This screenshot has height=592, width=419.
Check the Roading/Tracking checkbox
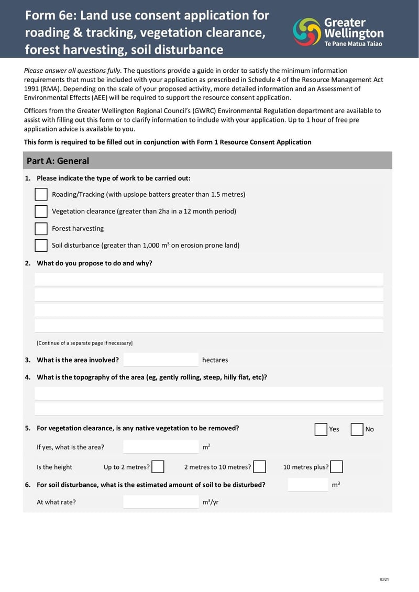[41, 194]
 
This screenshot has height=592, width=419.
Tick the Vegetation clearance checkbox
[41, 211]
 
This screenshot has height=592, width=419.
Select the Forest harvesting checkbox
[41, 229]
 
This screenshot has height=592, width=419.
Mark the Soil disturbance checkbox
[41, 245]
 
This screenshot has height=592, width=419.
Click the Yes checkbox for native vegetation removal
[321, 429]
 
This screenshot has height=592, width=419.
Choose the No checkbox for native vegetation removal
[357, 429]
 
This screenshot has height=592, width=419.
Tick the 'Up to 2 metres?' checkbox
[158, 467]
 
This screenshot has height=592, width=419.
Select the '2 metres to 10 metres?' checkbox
[259, 467]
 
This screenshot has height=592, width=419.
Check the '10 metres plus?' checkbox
[337, 467]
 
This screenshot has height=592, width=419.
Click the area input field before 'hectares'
[161, 360]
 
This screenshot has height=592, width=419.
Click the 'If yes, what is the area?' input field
[161, 447]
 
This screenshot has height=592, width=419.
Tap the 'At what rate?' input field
[161, 502]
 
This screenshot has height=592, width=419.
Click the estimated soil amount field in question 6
[308, 485]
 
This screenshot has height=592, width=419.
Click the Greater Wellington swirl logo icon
[307, 31]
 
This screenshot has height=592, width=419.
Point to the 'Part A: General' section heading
[58, 161]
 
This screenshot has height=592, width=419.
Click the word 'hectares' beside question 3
[215, 360]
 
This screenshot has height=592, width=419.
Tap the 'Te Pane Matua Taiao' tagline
[353, 44]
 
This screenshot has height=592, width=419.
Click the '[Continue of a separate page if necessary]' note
[84, 343]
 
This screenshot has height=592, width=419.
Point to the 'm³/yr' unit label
[211, 502]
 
